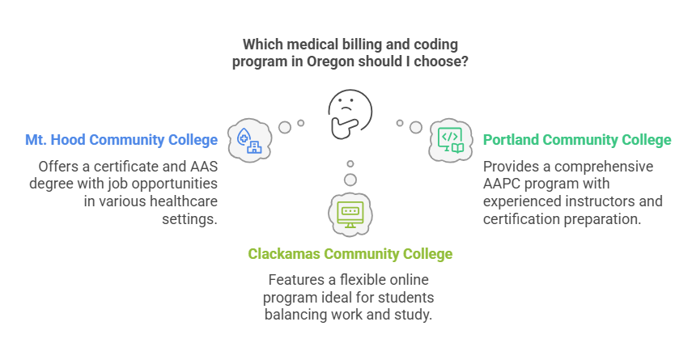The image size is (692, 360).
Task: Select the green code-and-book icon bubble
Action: tap(450, 140)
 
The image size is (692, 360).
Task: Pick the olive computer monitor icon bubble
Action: tap(350, 212)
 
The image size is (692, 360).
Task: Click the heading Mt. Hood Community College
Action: tap(121, 140)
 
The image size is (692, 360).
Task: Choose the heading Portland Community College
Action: tap(577, 140)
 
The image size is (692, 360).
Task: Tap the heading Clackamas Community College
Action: tap(350, 254)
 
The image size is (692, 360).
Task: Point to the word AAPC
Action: tap(503, 184)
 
